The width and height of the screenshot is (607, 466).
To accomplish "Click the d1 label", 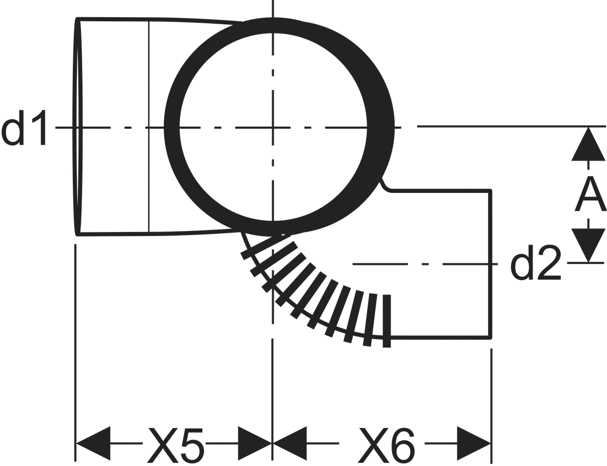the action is click(24, 128).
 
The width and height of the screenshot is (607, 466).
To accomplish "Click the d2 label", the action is click(536, 263).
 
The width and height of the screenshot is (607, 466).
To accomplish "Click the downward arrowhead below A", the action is click(588, 245).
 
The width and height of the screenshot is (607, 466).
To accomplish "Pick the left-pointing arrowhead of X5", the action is click(93, 444).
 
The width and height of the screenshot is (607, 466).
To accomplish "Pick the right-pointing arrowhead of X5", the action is click(255, 444).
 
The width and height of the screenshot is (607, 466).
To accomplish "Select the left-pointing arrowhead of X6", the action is click(290, 444).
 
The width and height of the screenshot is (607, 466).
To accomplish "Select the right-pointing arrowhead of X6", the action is click(474, 444).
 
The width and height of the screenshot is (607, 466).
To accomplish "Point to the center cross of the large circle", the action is click(273, 128).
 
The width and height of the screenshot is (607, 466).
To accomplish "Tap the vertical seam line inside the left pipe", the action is click(149, 127).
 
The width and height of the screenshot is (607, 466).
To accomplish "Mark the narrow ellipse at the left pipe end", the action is click(78, 127).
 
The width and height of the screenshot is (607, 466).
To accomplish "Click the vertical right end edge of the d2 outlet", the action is click(490, 264).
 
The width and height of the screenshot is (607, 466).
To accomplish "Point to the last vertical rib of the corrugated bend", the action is click(386, 321).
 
